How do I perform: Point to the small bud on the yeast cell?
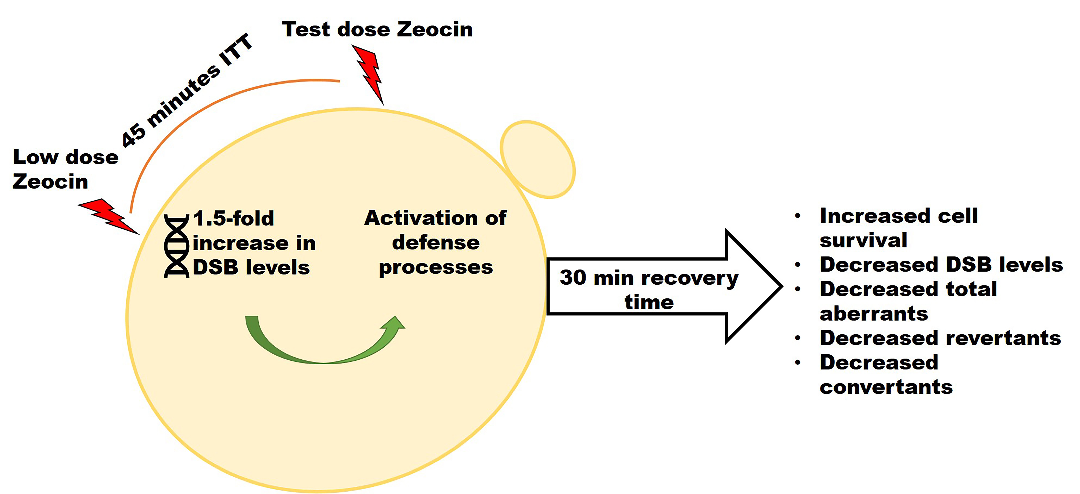537,159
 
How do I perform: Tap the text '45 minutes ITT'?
187,90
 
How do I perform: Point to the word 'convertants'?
886,387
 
